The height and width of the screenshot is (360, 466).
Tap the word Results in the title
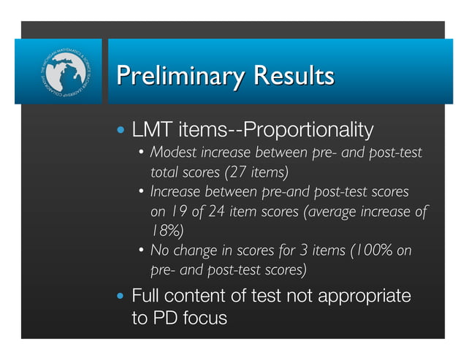[x=294, y=76]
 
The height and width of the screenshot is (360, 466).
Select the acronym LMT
[x=151, y=131]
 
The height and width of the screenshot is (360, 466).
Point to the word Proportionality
[x=308, y=131]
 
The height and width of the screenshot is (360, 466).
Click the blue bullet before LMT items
[x=121, y=132]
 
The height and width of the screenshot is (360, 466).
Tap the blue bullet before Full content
[x=121, y=296]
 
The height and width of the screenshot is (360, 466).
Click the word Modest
[x=172, y=153]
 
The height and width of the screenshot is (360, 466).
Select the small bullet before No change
[x=142, y=251]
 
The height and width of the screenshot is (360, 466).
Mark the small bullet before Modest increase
[x=142, y=153]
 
